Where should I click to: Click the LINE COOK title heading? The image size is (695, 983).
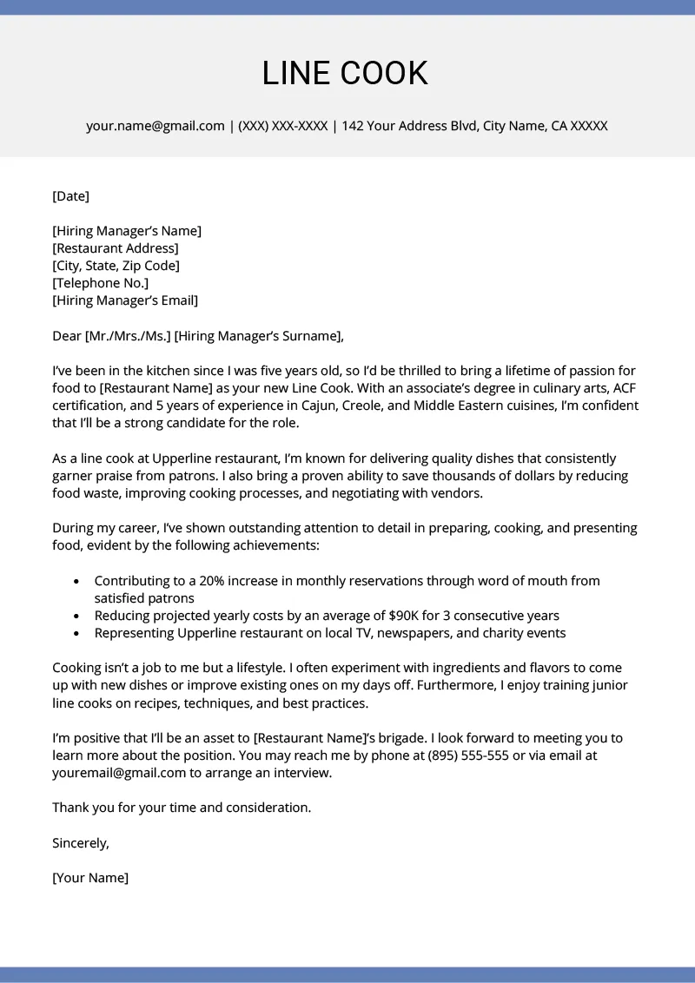click(346, 74)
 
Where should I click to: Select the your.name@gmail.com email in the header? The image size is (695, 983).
click(156, 126)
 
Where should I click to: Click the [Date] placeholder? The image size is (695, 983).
click(71, 196)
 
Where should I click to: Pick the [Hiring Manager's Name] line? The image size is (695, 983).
click(127, 231)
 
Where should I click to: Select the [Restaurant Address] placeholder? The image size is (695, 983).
click(116, 248)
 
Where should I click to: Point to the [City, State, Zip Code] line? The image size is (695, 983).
click(116, 266)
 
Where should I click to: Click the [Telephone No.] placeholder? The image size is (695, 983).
click(101, 283)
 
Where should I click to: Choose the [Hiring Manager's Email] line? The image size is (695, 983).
click(125, 300)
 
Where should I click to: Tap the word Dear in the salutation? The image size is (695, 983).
click(67, 336)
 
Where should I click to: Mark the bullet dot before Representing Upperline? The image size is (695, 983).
click(77, 634)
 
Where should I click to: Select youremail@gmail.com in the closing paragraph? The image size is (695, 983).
click(119, 773)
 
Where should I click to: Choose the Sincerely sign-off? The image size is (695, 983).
click(81, 842)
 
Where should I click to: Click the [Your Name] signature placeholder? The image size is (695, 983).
click(90, 878)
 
